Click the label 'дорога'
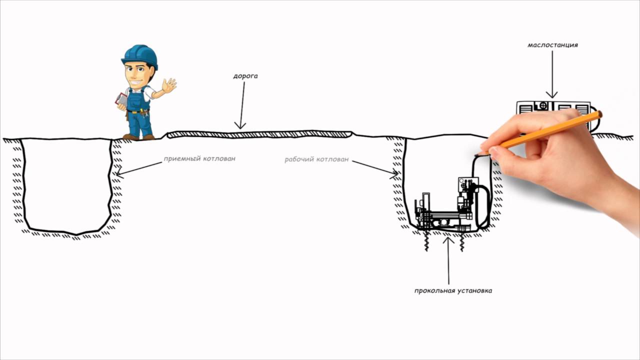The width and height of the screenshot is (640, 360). (245, 76)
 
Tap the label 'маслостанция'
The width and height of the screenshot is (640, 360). (552, 45)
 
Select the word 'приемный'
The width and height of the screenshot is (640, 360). (181, 159)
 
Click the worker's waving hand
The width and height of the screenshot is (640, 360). (169, 86)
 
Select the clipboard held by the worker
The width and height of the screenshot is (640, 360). (121, 99)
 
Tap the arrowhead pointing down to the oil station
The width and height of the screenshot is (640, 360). (552, 95)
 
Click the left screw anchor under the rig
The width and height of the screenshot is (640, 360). (426, 241)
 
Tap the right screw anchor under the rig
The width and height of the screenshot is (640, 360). (462, 242)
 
